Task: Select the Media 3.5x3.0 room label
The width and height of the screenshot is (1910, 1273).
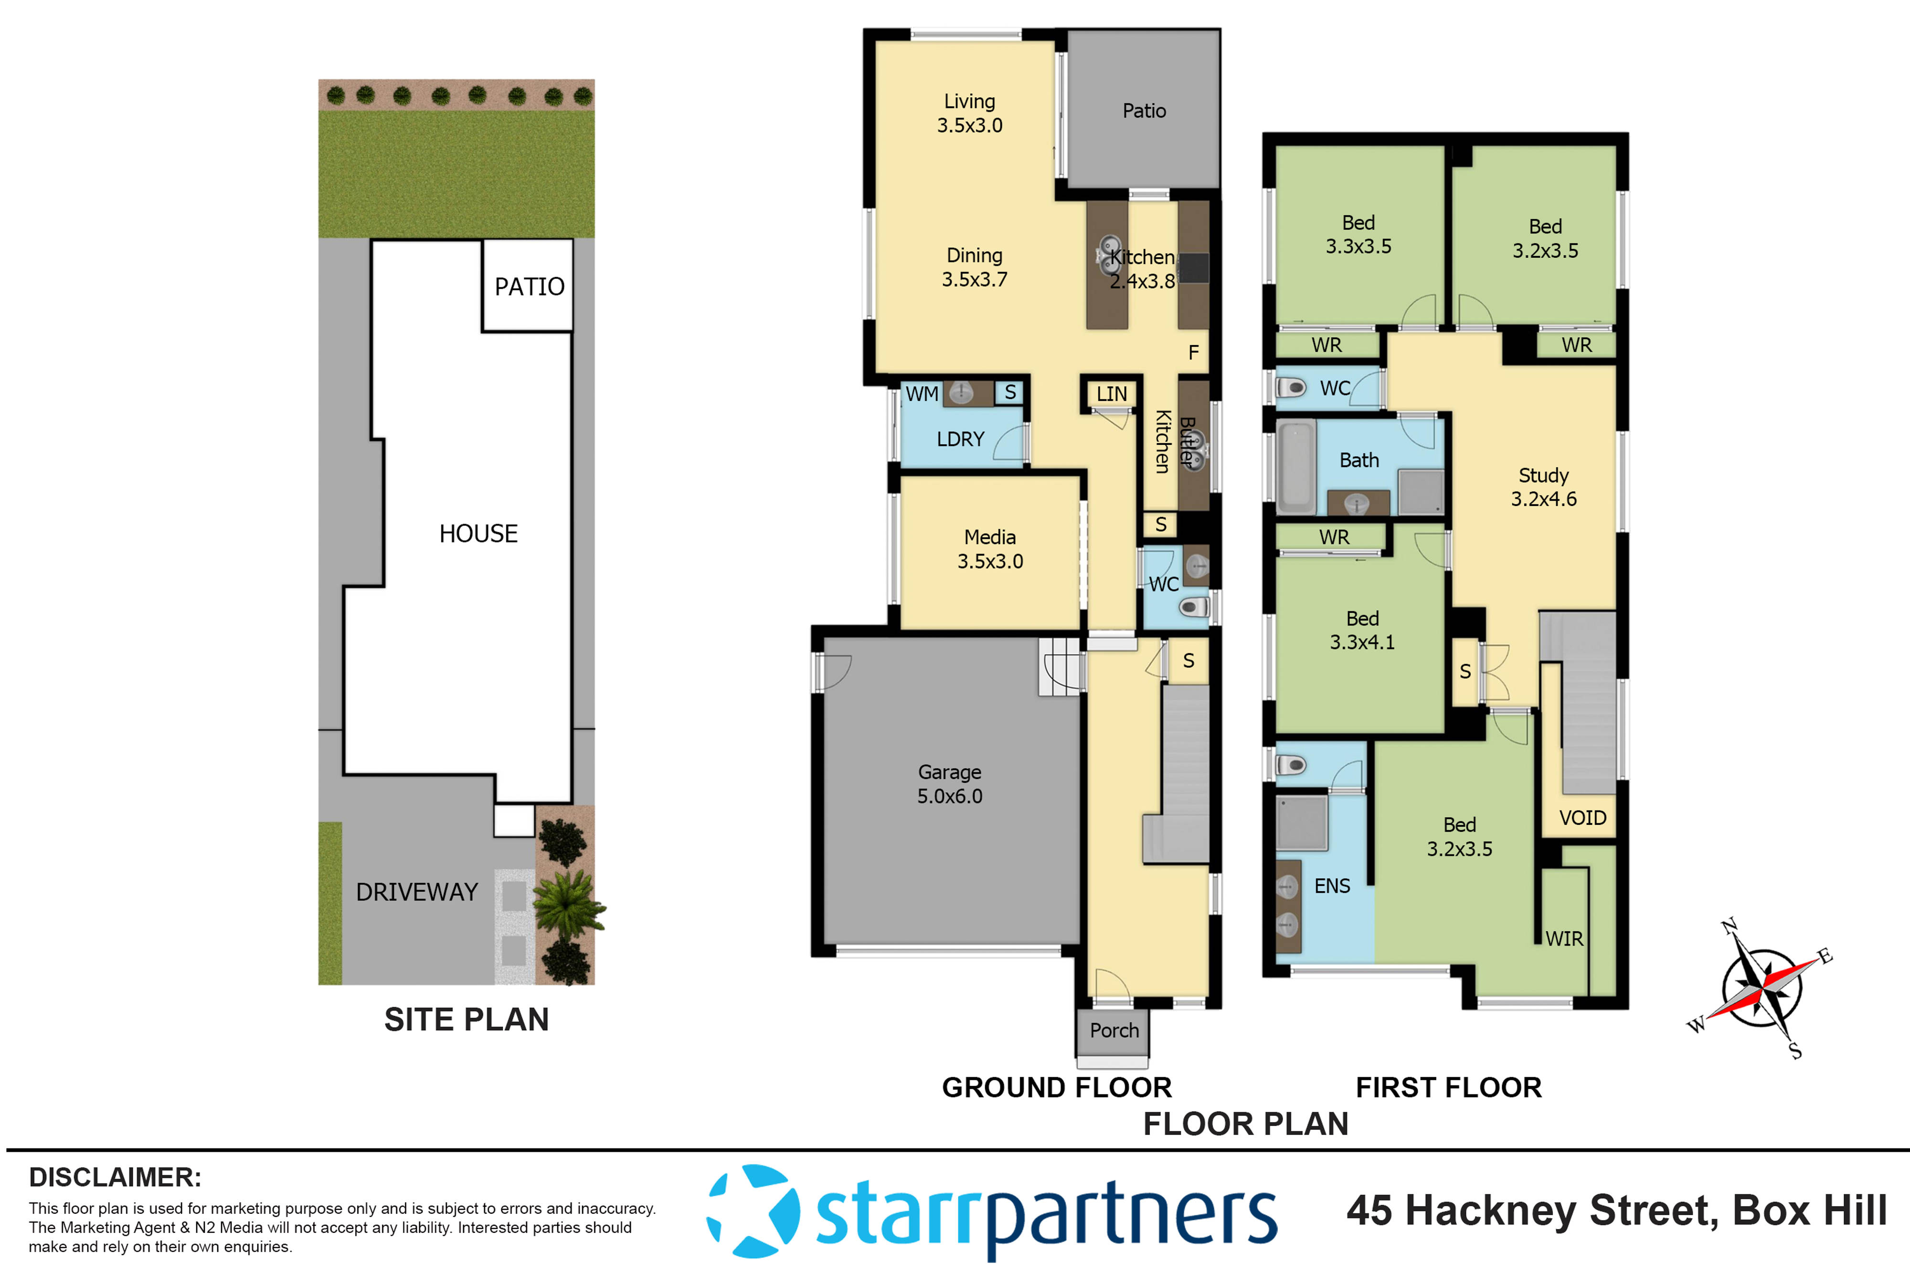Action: coord(990,549)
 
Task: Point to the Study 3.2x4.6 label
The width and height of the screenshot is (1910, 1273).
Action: coord(1543,487)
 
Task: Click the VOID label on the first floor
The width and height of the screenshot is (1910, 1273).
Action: coord(1582,818)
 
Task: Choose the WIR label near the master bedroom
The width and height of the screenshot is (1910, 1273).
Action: coord(1563,938)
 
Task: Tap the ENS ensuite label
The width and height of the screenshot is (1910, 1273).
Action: coord(1332,886)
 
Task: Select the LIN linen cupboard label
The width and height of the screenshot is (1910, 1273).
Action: coord(1111,394)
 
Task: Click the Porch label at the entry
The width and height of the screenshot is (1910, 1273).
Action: coord(1114,1030)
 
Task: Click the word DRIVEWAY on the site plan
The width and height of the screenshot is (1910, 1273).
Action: coord(416,892)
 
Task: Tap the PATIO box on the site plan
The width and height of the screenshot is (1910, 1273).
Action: coord(529,286)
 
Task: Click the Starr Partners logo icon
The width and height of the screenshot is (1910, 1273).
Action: coord(753,1211)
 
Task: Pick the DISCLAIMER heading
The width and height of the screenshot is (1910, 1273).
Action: coord(115,1177)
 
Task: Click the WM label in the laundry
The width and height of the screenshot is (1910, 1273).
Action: coord(921,394)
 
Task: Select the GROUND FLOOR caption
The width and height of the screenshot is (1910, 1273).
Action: coord(1056,1087)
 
